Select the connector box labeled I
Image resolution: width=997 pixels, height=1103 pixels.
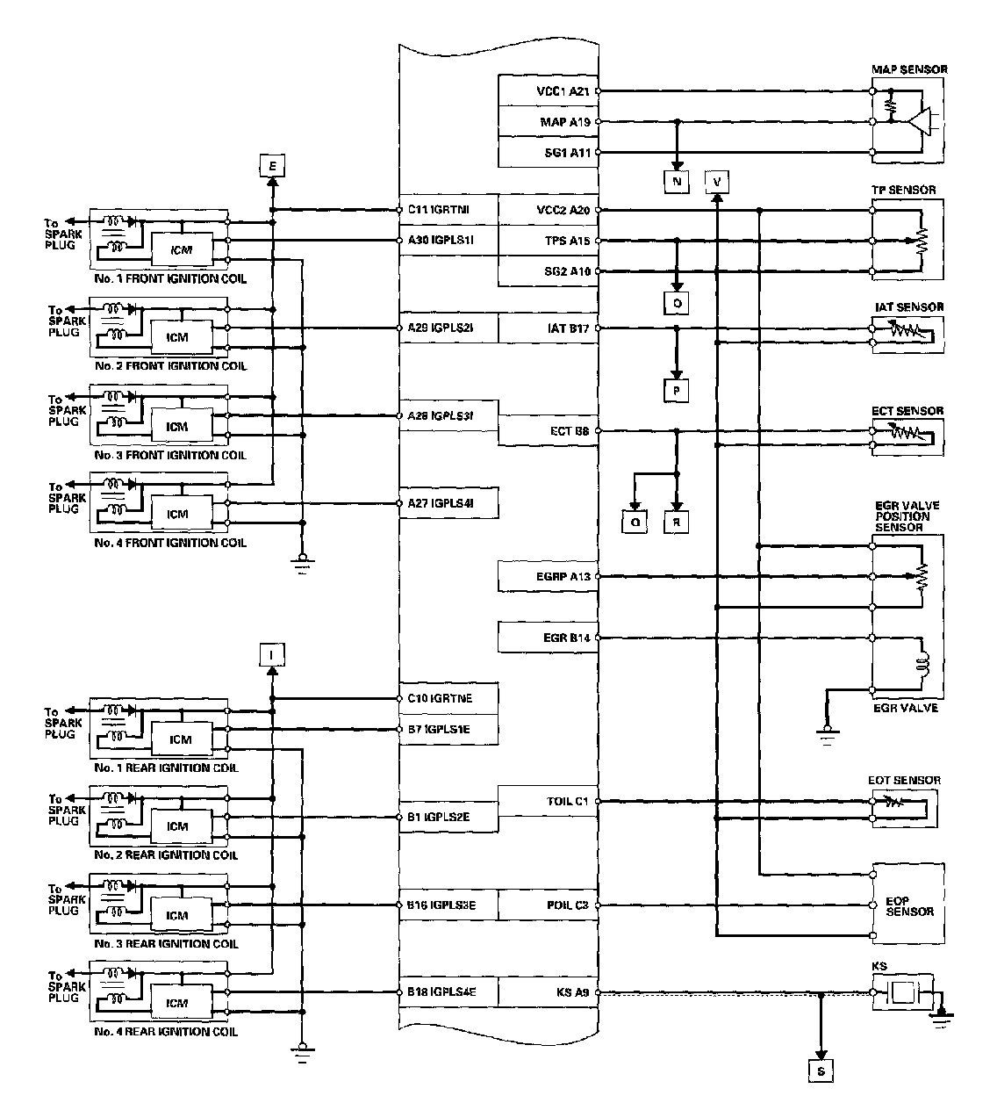[x=272, y=653]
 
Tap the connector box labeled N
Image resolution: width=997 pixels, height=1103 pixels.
[x=677, y=182]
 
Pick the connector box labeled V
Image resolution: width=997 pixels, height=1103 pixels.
[x=717, y=182]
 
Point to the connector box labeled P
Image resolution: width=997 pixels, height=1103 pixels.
[x=677, y=390]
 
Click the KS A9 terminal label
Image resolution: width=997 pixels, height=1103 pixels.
[x=571, y=993]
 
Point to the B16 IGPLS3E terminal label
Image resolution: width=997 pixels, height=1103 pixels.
[x=441, y=905]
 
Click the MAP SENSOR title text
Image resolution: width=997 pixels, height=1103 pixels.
[x=908, y=69]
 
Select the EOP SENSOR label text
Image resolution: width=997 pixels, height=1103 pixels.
[x=909, y=906]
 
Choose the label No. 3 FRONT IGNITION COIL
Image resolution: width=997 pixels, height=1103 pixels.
[x=170, y=455]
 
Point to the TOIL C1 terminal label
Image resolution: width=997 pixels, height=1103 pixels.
[x=568, y=801]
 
